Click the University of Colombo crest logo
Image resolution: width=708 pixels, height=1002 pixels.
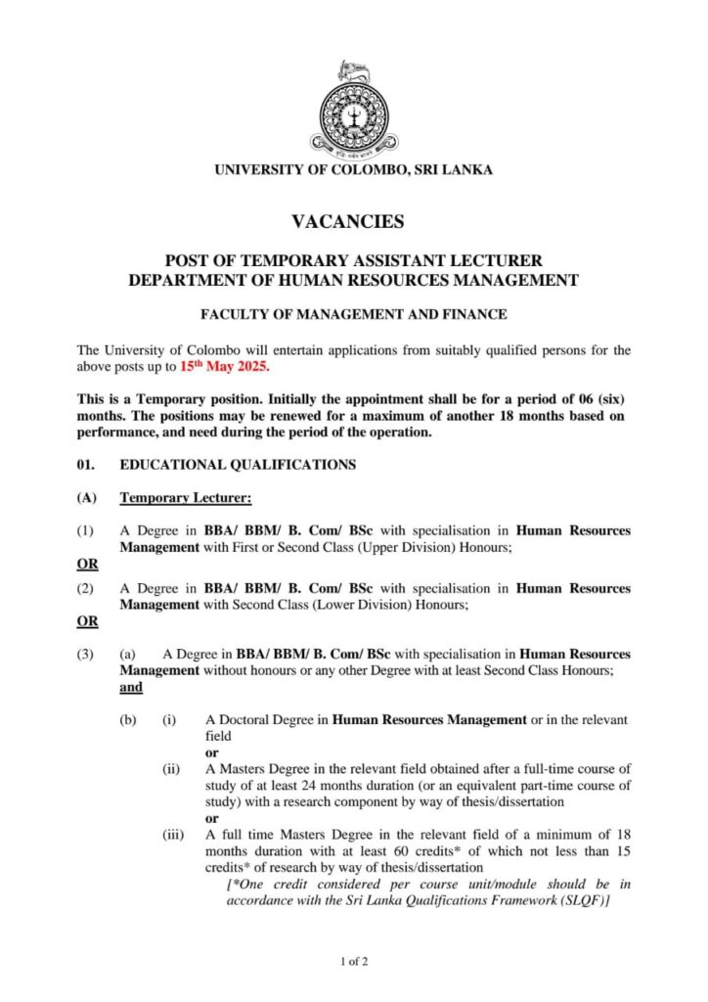coord(353,107)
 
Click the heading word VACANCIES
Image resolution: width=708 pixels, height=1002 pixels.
coord(353,222)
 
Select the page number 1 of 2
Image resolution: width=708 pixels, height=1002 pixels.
coord(353,961)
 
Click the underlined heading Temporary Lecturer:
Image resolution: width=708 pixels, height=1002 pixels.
coord(186,498)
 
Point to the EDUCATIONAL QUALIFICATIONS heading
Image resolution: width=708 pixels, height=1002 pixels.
coord(238,465)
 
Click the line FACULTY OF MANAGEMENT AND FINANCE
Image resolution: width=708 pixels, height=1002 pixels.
coord(353,314)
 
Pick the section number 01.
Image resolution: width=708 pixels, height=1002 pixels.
coord(86,465)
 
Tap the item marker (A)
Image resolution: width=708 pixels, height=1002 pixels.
coord(86,498)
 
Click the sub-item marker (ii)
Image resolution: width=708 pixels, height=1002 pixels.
coord(170,769)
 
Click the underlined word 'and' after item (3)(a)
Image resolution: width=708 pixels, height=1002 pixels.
coord(131,687)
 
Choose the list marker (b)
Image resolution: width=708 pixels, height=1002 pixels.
coord(128,720)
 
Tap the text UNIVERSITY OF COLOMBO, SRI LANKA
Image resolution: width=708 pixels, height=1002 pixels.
coord(353,169)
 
